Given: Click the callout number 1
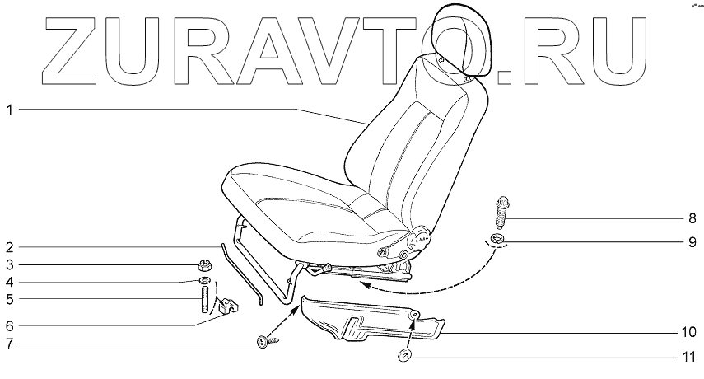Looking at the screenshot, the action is [x=9, y=110].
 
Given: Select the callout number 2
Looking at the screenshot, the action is [x=9, y=247].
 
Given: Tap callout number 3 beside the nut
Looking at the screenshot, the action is [x=9, y=264].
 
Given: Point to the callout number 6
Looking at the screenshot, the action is [x=9, y=324].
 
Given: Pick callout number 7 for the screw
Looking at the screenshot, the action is [x=9, y=343].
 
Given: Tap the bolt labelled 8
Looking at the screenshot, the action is [x=501, y=212].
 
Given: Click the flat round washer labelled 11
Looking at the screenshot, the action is [x=403, y=357].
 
